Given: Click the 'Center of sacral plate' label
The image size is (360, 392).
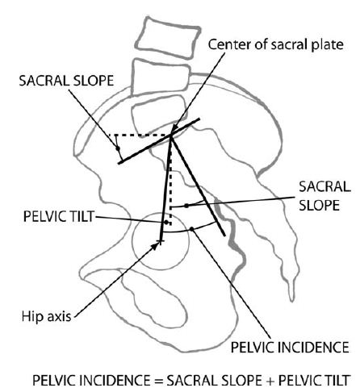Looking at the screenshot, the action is click(275, 44).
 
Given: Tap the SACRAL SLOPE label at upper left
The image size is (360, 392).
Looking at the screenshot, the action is click(66, 81).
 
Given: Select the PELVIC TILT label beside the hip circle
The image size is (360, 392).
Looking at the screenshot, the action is click(59, 216).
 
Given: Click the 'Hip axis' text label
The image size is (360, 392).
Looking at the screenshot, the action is click(46, 316).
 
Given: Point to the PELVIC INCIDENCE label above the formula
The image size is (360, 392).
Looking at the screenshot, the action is click(290, 347).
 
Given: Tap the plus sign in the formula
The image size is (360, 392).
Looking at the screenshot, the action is click(270, 381).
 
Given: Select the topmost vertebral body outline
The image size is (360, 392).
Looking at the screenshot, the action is click(168, 38).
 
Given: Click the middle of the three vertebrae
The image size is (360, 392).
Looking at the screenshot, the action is click(161, 77).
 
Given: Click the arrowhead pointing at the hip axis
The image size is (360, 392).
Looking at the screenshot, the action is click(156, 245).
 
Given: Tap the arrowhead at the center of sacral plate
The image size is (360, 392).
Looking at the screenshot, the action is click(174, 128).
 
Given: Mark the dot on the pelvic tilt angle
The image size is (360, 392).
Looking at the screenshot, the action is click(166, 223).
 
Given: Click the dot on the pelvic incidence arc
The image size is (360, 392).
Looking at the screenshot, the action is click(191, 229).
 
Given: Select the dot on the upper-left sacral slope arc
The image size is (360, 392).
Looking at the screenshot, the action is click(117, 148).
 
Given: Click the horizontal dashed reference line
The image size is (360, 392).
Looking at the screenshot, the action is click(140, 135).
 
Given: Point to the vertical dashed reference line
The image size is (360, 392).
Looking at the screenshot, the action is click(170, 180).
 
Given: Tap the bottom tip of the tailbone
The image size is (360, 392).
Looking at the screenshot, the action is click(291, 301).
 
